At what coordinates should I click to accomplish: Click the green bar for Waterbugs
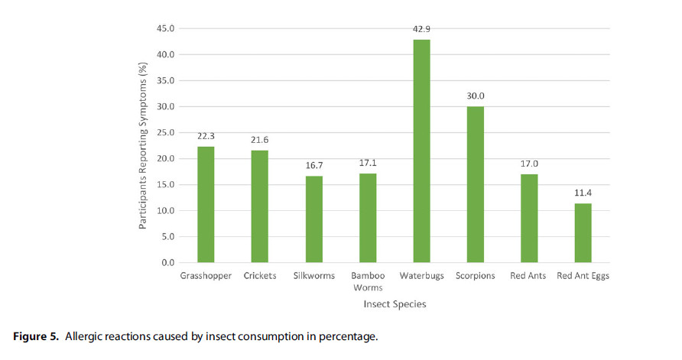(421, 151)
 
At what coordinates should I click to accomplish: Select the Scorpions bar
(476, 184)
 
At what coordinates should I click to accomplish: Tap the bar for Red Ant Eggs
(583, 232)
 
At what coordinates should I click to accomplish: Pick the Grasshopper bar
(206, 204)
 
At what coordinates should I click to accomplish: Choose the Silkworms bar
(313, 219)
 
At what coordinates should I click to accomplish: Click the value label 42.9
(422, 29)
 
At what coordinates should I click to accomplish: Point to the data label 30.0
(476, 96)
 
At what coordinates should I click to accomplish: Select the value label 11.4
(583, 193)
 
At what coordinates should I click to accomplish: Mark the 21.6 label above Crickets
(260, 140)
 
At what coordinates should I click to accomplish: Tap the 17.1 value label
(368, 164)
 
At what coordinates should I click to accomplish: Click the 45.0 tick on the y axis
(166, 29)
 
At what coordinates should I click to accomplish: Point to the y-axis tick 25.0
(166, 133)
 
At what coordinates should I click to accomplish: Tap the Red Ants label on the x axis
(528, 275)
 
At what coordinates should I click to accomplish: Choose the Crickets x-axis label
(260, 275)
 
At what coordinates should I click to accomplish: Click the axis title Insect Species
(395, 304)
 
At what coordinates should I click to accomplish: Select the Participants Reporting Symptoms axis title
(143, 147)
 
